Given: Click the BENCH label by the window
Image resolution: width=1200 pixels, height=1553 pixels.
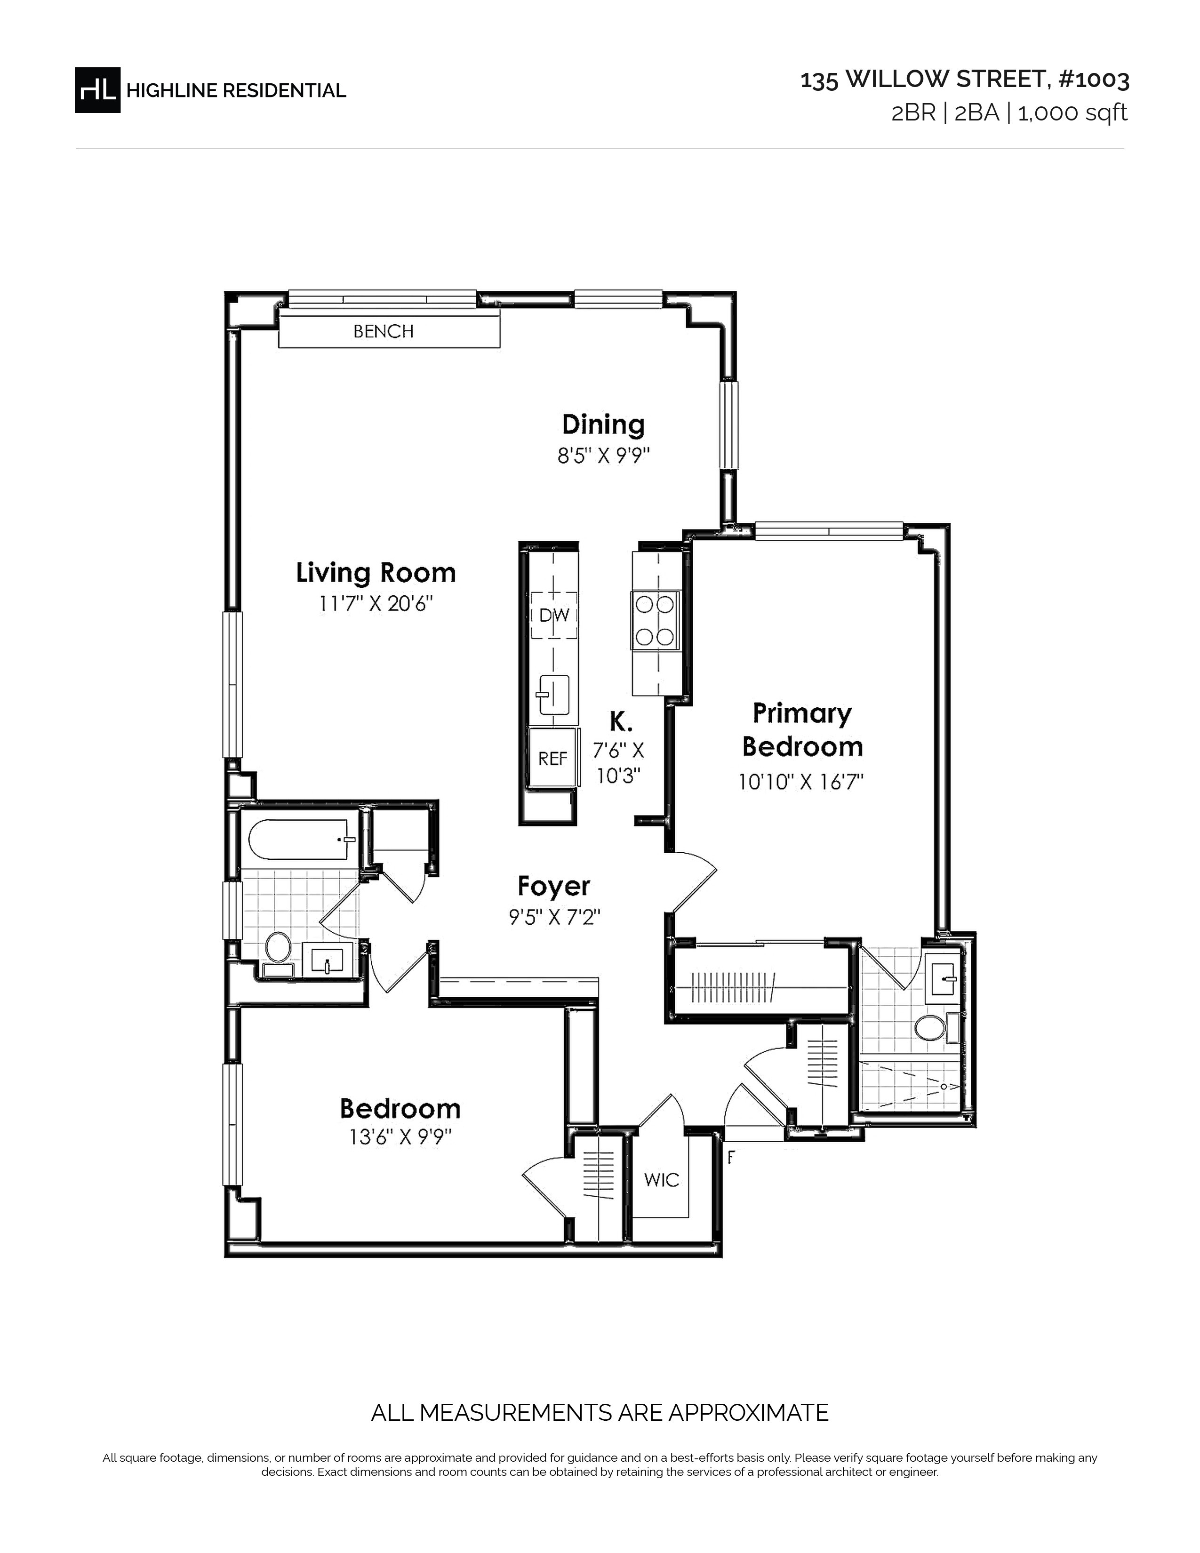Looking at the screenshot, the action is tap(383, 331).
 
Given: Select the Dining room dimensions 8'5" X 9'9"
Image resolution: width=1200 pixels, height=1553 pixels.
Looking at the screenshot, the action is tap(604, 455).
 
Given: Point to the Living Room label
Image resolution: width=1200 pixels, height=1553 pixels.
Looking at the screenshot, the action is tap(376, 572).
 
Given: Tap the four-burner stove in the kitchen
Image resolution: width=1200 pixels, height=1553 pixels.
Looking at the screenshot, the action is tap(655, 621).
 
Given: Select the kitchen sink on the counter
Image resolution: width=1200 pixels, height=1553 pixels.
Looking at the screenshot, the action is tap(554, 695).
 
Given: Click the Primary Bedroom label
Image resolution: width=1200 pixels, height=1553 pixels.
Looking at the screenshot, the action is tap(802, 729).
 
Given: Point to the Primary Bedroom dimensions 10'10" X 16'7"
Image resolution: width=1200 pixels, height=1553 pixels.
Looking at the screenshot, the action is tap(800, 782).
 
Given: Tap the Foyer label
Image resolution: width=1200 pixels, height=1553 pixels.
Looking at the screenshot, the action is tap(554, 886).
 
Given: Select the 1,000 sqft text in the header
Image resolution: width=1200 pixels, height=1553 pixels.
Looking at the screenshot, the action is tap(1073, 113).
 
